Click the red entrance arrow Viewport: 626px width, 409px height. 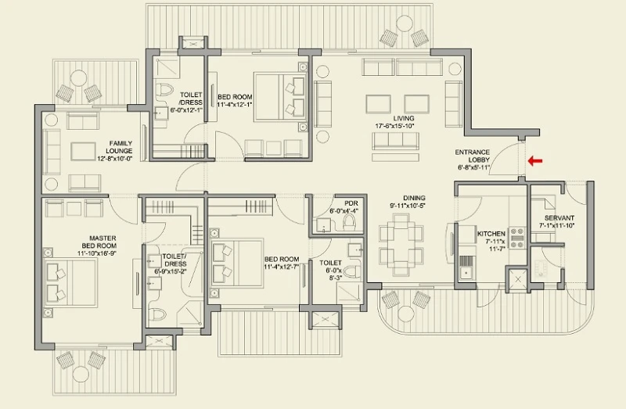tap(536, 162)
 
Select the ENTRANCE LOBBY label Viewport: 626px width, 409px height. tap(473, 155)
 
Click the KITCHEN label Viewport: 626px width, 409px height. tap(491, 233)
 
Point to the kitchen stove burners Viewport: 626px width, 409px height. tap(517, 237)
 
